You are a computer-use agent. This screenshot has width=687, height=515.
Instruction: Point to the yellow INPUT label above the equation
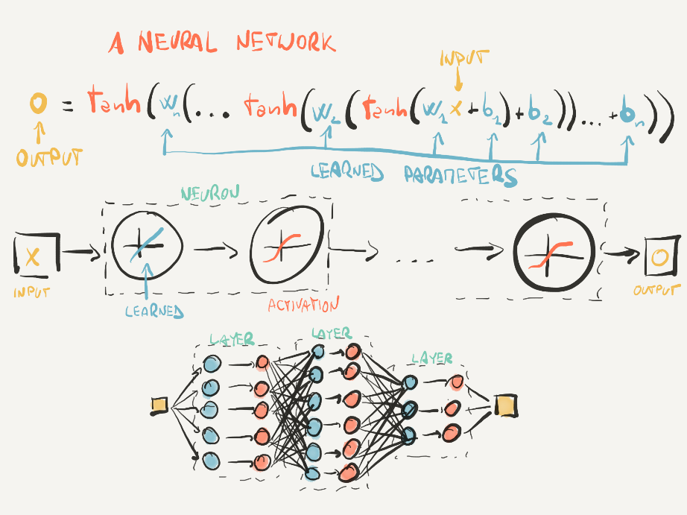click(x=465, y=58)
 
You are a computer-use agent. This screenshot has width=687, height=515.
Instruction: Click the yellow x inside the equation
click(x=456, y=110)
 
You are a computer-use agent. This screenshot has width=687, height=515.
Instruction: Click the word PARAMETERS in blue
click(x=460, y=176)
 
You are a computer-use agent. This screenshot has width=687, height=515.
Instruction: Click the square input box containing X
click(x=31, y=255)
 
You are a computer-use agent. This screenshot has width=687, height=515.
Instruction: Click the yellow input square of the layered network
click(x=158, y=405)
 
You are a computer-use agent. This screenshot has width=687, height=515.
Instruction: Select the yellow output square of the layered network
click(x=505, y=406)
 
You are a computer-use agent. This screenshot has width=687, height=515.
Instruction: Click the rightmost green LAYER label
click(x=431, y=358)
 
